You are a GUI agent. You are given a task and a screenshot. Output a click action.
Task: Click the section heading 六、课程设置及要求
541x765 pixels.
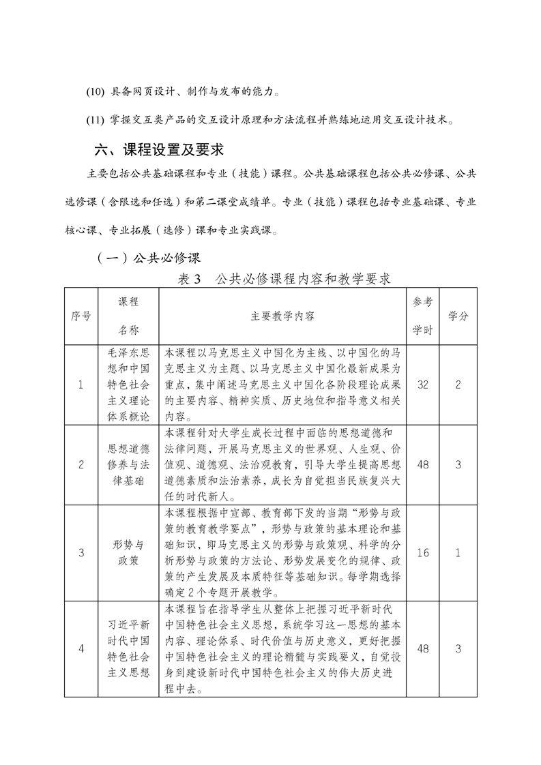click(158, 149)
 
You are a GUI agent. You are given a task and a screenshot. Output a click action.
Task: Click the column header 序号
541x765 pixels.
click(81, 316)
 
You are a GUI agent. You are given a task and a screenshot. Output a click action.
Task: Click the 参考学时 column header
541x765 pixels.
click(422, 316)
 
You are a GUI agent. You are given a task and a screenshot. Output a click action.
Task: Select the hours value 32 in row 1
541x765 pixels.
click(422, 385)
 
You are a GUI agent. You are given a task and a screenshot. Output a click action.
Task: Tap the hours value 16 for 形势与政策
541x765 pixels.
click(422, 552)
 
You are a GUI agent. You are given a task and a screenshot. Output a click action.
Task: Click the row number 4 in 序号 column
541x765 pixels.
click(81, 648)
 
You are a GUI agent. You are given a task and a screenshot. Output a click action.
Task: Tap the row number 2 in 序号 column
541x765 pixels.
click(81, 465)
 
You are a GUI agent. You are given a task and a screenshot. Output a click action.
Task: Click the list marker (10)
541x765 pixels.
click(96, 92)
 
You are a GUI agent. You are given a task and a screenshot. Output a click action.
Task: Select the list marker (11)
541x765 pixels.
click(96, 121)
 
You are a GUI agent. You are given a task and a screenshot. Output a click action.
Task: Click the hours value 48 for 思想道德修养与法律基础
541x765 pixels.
click(422, 465)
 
